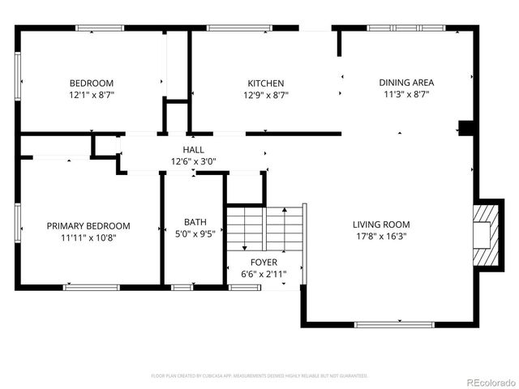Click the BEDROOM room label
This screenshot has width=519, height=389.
pos(91,83)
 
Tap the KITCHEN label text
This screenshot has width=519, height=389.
pos(266,83)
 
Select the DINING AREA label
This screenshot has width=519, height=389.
pos(406,82)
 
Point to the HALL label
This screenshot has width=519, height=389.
pos(193,150)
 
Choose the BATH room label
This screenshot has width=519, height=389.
pos(195,221)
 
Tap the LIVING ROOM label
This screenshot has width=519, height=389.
pos(380,224)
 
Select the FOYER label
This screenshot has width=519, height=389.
pos(264,263)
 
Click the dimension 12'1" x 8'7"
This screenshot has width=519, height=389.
pos(91,95)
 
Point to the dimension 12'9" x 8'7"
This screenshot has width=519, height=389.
pos(266,95)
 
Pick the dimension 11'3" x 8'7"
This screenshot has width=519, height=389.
pos(406,94)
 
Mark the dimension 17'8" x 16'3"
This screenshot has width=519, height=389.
pos(380,237)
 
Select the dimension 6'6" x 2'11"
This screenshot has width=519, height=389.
pos(264,275)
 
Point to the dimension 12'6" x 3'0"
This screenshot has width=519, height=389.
pos(193,161)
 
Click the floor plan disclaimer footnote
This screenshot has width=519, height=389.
pos(259,376)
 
